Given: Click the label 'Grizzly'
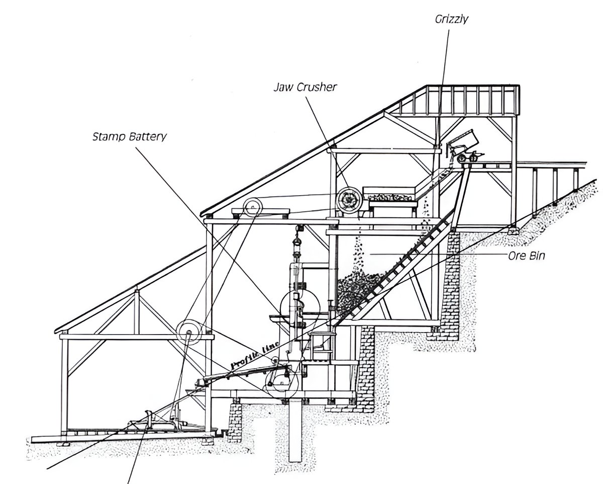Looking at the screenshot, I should (452, 20).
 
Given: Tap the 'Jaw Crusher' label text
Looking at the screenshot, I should (305, 87).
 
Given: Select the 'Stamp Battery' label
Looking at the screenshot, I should (129, 136).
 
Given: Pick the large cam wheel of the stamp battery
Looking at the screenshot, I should (299, 307).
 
